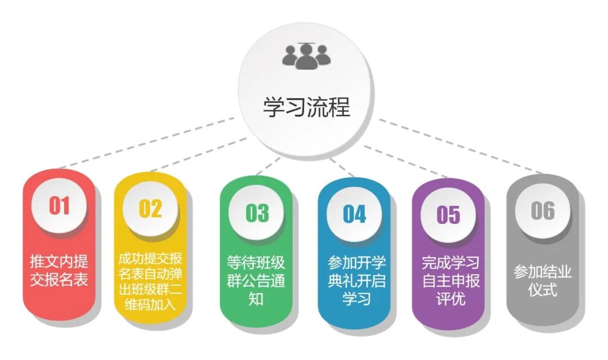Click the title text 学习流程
coord(306,107)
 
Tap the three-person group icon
coord(306,56)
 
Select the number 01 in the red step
coord(59,206)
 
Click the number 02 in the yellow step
coord(150,208)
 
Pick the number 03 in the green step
coord(257,213)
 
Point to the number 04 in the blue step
coord(354,214)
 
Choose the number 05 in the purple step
coord(448,215)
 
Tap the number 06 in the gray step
coord(543,211)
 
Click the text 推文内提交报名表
coord(59,271)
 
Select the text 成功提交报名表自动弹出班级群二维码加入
coord(150,282)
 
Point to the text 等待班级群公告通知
coord(256,280)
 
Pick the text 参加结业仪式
coord(543,281)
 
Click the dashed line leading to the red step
coord(146,143)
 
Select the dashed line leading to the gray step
coord(462,146)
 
